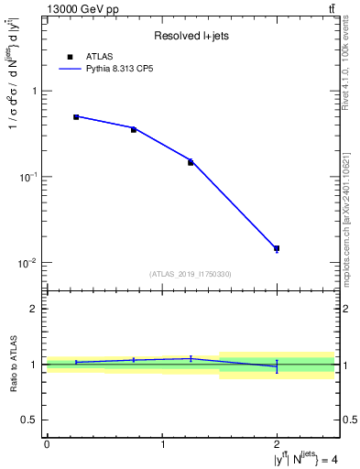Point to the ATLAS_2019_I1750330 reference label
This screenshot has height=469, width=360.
tap(191, 274)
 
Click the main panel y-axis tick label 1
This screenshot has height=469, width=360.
tap(35, 92)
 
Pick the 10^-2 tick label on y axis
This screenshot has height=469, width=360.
tap(29, 263)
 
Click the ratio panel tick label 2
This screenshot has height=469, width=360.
tap(35, 310)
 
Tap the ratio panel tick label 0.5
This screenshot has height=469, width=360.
tap(31, 420)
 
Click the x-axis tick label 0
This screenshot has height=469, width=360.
tap(47, 444)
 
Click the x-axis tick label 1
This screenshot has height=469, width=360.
tap(162, 444)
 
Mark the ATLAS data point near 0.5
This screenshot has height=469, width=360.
tap(76, 117)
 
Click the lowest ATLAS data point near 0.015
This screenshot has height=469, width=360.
tap(277, 248)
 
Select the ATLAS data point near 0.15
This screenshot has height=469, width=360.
tap(191, 162)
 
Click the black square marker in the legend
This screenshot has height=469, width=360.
tap(70, 57)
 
